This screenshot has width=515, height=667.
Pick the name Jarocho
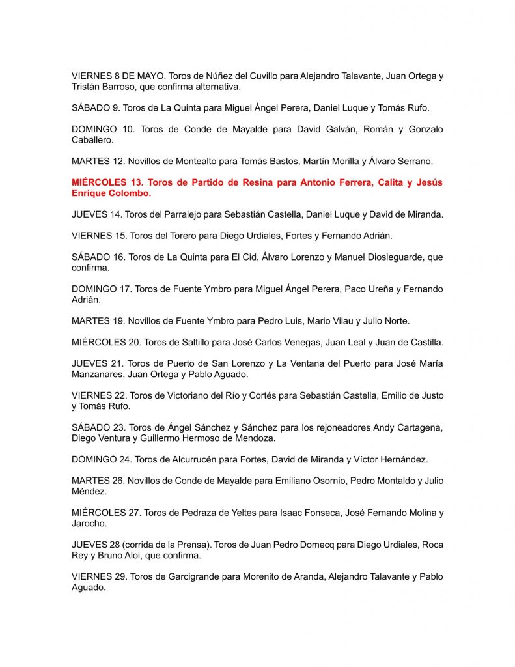89,523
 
